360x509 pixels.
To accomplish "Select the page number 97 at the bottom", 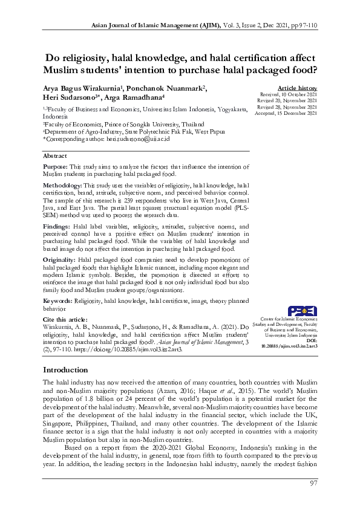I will pyautogui.click(x=313, y=483).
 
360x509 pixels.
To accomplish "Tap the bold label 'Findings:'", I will pyautogui.click(x=56, y=224).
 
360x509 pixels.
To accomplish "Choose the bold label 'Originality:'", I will pyautogui.click(x=59, y=258).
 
